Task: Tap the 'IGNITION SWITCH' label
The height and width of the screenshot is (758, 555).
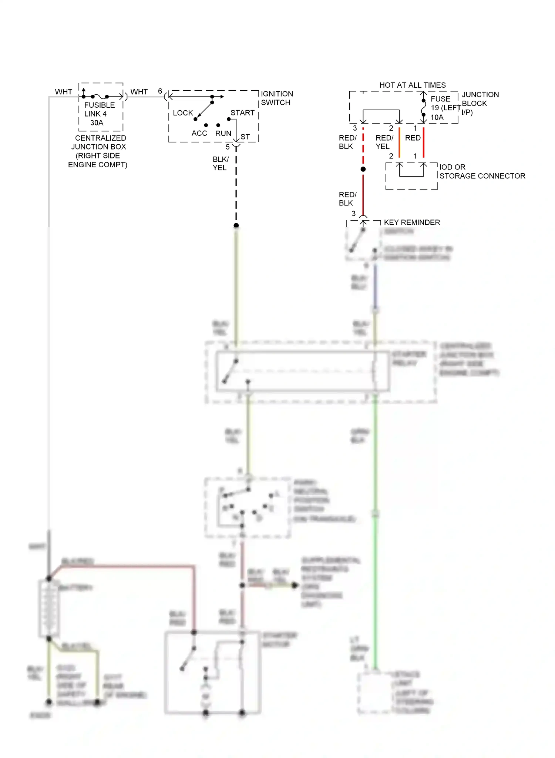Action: [x=276, y=98]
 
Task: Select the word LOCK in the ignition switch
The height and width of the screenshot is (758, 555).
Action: [x=183, y=113]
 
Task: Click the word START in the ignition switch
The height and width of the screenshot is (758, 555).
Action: [x=242, y=113]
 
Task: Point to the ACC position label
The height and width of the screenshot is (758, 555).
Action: [x=199, y=133]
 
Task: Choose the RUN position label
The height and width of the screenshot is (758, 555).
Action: [x=223, y=133]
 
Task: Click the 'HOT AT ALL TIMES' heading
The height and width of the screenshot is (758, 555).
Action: [x=412, y=85]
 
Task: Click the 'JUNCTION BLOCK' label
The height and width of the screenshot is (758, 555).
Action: [x=480, y=99]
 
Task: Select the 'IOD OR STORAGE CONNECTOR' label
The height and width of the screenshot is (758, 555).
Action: [x=482, y=171]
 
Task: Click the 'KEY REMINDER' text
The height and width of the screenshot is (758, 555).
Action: [x=412, y=222]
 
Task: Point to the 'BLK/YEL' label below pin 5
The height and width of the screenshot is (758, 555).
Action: [x=221, y=163]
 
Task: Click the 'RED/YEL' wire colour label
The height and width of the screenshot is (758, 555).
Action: [x=384, y=142]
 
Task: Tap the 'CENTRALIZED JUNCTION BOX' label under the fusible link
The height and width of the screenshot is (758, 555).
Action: [x=98, y=151]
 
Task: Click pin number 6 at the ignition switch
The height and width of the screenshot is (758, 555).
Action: [x=160, y=91]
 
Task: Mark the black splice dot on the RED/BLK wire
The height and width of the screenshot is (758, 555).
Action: [x=363, y=169]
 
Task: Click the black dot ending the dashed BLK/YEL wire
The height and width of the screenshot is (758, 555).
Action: [x=236, y=225]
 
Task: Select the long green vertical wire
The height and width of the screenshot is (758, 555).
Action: [x=375, y=555]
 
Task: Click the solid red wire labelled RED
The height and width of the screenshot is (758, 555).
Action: [x=423, y=142]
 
